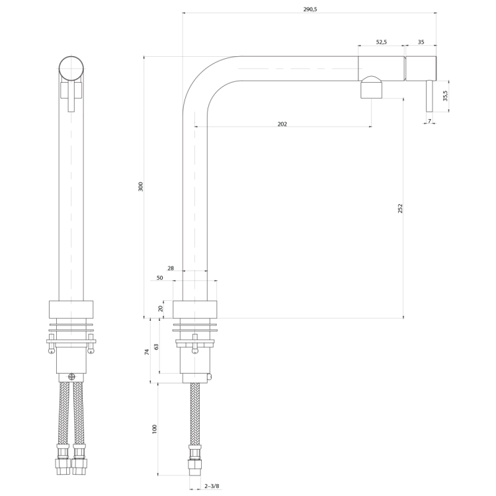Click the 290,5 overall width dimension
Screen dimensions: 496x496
tap(310, 9)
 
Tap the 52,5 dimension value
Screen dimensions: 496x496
tap(382, 42)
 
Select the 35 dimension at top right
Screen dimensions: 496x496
tap(421, 42)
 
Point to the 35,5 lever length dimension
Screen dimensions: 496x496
tap(445, 95)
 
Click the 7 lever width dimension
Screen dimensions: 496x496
tap(429, 121)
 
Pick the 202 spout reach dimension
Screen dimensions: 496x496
tap(282, 124)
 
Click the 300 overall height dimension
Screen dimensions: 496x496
tap(141, 186)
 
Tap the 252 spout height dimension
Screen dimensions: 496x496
tap(400, 208)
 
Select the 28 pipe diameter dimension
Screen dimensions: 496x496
tap(171, 269)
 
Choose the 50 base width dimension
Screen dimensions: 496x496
tap(160, 278)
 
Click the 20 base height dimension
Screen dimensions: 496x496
tap(161, 308)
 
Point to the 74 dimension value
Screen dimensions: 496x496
tap(147, 352)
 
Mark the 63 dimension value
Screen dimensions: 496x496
tap(156, 347)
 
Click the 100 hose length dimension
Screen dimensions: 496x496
tap(154, 429)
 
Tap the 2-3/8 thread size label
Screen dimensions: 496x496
tap(212, 486)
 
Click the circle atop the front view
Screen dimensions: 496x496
tap(71, 69)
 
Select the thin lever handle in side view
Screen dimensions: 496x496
tap(429, 96)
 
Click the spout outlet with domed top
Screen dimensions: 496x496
tap(372, 87)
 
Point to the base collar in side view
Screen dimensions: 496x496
tap(195, 310)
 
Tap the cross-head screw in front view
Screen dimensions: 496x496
tap(72, 376)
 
